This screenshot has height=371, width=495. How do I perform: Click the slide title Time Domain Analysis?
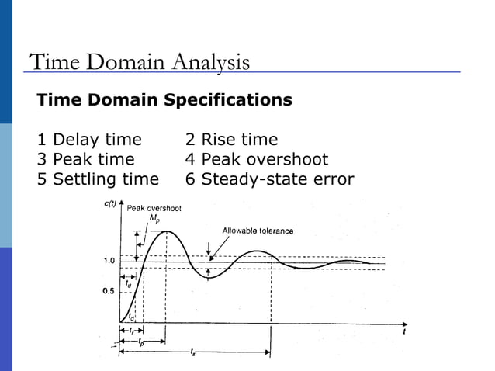139,62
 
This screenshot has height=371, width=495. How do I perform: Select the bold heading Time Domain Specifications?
164,100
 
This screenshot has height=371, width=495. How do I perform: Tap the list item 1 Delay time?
89,140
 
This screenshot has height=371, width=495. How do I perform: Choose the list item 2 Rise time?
230,140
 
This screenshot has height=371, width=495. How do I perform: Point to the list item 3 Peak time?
85,160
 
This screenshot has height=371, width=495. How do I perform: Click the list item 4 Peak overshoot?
256,160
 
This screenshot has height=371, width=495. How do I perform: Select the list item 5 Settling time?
98,180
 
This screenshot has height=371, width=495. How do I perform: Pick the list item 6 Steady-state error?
269,180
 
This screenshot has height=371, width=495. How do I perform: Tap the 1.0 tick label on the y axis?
109,260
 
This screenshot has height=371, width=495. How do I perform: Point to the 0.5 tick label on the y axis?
109,292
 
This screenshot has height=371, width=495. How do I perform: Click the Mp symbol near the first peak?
154,218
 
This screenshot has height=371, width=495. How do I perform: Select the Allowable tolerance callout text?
258,231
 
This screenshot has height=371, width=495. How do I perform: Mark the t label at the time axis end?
404,331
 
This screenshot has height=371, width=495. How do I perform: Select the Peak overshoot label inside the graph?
154,208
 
